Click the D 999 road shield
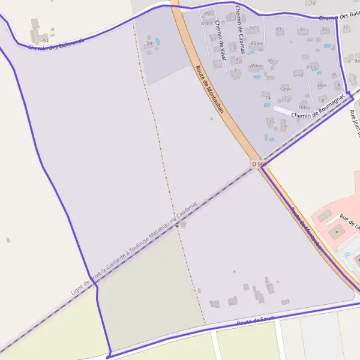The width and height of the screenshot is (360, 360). (x=259, y=164)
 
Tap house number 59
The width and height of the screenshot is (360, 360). (x=149, y=43)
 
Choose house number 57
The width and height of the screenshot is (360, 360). (x=253, y=28)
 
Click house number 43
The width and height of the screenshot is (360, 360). (x=278, y=29)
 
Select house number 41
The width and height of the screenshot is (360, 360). (x=302, y=29)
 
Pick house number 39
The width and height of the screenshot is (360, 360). (x=324, y=29)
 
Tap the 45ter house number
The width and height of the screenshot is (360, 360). (x=257, y=43)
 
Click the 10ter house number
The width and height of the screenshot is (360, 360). (x=286, y=89)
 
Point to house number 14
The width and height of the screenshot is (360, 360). (x=268, y=98)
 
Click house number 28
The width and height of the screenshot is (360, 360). (x=312, y=3)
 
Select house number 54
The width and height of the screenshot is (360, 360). (x=45, y=40)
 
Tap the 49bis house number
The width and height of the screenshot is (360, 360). (x=208, y=23)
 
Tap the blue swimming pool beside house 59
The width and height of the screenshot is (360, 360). (x=158, y=41)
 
